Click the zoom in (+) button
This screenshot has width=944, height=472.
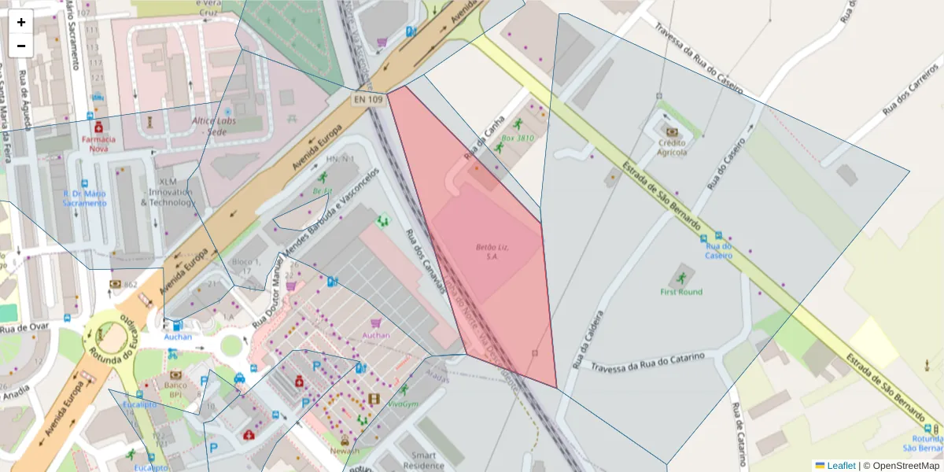[x=21, y=22]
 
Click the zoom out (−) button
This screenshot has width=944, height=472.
[x=21, y=46]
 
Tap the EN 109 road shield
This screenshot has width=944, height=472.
[x=367, y=99]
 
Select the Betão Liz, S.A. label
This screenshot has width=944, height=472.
[x=492, y=251]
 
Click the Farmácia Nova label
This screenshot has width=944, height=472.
[x=98, y=143]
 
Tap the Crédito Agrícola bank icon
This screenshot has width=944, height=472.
[x=672, y=131]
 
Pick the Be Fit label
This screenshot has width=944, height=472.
[x=323, y=191]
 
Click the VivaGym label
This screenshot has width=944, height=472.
[x=403, y=404]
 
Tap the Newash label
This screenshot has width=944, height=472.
[x=345, y=451]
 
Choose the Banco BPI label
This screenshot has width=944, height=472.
[x=175, y=389]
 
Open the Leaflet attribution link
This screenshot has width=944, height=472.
[x=841, y=466]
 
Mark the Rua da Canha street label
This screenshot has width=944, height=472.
[x=483, y=136]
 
